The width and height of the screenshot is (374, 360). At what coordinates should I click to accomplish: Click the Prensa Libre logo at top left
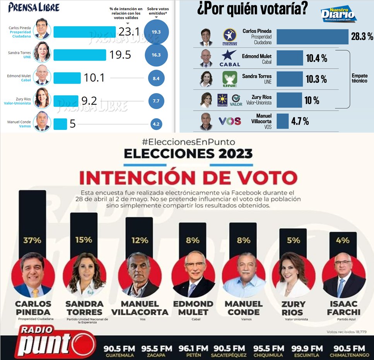[34, 8]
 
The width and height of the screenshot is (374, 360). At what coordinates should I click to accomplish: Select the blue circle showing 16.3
[156, 55]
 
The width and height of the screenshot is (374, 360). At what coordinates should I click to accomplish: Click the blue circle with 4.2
[156, 125]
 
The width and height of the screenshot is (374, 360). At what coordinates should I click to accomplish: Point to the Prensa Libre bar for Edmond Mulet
[67, 78]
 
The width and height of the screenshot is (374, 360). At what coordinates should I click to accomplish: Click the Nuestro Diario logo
[338, 14]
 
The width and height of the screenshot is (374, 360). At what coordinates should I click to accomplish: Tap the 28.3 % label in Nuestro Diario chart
[362, 37]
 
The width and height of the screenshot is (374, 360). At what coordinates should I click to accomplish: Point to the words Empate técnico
[360, 78]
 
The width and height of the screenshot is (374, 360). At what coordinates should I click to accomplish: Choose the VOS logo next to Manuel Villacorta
[230, 121]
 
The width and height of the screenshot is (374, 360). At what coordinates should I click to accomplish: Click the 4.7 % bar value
[300, 121]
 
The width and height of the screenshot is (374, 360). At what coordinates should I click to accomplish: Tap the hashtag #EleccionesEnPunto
[188, 142]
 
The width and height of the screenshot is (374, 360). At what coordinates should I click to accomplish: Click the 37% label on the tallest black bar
[32, 240]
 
